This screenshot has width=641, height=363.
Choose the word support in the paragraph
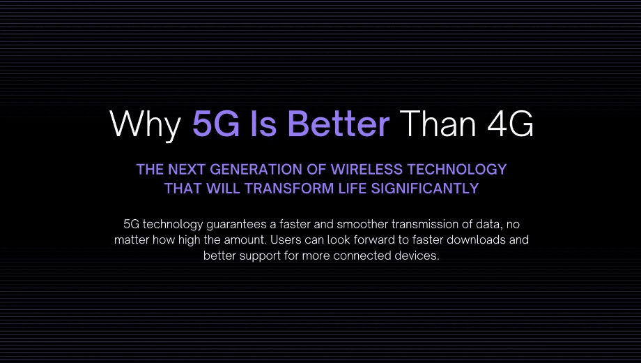point(258,256)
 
